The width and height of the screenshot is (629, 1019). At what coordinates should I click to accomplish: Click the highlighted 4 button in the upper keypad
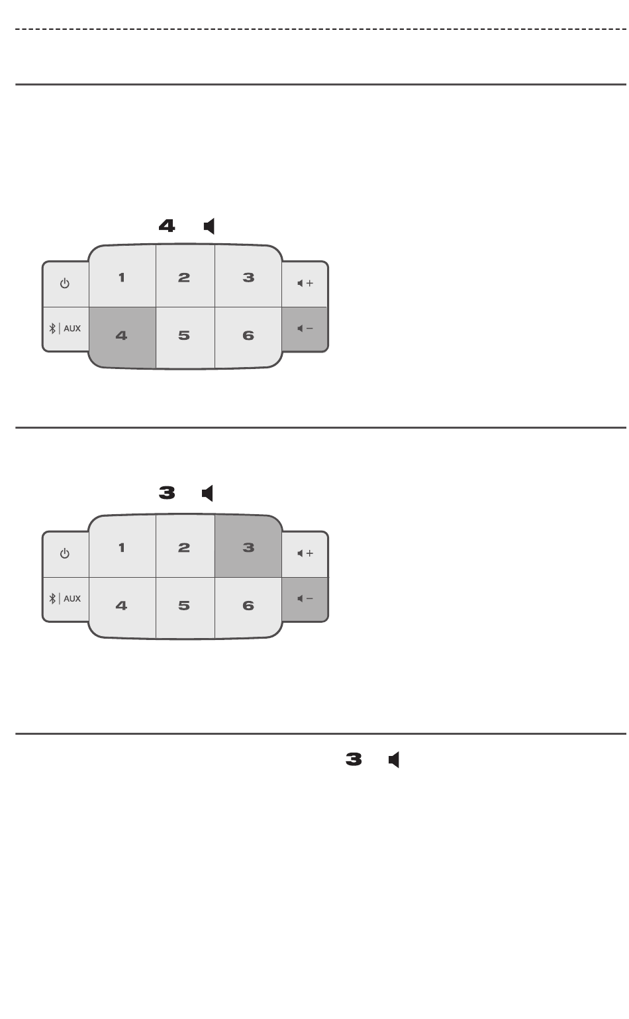coord(122,337)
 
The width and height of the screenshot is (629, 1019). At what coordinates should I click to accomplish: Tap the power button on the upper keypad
coord(65,284)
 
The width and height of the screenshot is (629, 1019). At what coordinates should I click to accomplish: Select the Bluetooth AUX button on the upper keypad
coord(65,329)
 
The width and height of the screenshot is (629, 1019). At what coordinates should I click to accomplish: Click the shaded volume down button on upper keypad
coord(305,329)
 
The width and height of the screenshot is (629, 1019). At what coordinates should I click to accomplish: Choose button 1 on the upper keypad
coord(122,277)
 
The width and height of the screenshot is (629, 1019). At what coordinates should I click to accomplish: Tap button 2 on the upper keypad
coord(184,277)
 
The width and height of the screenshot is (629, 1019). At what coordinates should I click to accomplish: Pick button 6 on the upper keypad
coord(248,336)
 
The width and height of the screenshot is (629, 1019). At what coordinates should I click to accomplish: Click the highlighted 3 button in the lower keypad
coord(248,547)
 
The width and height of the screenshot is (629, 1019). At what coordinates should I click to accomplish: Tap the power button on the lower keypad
coord(65,554)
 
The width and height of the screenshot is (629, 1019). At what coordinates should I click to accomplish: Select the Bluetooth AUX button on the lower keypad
coord(65,599)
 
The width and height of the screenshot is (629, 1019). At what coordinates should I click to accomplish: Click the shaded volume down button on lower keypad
coord(305,599)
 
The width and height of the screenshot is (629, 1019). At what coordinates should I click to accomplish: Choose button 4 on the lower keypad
coord(122,606)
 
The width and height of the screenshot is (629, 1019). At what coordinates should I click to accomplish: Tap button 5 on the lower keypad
coord(184,606)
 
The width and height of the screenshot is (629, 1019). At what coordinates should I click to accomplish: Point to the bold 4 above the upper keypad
coord(167,227)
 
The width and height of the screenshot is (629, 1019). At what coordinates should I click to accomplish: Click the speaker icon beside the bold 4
coord(209,227)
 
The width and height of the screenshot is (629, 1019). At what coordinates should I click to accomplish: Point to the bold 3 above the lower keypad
coord(167,494)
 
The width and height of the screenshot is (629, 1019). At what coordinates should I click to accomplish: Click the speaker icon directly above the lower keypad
coord(208,494)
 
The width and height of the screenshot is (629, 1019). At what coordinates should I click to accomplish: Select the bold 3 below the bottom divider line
coord(354,760)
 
